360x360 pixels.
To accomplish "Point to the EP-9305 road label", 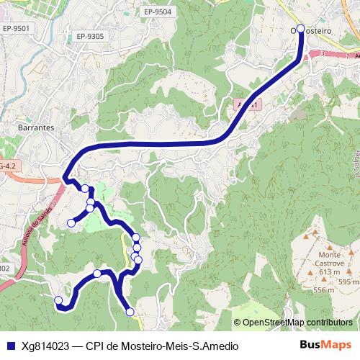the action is click(x=89, y=35).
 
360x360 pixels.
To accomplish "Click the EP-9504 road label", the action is click(x=158, y=12).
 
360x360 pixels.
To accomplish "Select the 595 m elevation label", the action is click(x=348, y=282).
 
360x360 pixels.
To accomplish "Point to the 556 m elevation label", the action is click(x=323, y=290).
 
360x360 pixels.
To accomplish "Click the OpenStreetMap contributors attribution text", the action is click(x=297, y=322).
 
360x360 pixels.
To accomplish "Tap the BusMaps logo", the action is click(x=325, y=345).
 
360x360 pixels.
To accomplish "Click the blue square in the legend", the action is click(x=11, y=346).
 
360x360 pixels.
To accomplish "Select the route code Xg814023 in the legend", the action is click(x=46, y=346).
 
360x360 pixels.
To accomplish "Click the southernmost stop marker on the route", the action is click(x=130, y=311).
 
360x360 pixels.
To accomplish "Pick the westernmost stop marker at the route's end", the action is click(x=58, y=300).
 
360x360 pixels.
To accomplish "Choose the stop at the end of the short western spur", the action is click(x=71, y=223).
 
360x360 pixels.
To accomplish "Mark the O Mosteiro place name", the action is click(x=311, y=32).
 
